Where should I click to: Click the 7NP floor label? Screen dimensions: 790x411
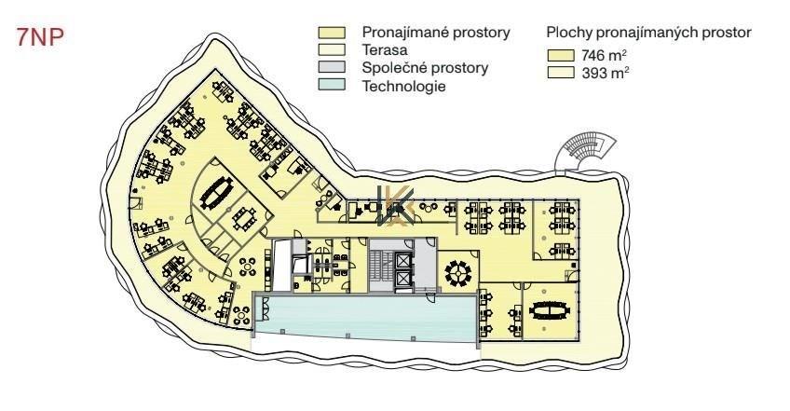pos(40,36)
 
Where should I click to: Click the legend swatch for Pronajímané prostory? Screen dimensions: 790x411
pos(332,33)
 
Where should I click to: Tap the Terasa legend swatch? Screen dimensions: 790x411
pos(332,49)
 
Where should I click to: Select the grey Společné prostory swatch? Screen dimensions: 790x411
pos(332,67)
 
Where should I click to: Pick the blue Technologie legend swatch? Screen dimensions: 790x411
pos(332,84)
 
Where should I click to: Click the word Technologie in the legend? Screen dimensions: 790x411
pos(404,87)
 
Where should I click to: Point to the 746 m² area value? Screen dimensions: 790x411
pos(604,55)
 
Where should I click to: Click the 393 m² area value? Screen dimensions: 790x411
pos(605,73)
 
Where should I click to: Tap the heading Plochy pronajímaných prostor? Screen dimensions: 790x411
pos(649,33)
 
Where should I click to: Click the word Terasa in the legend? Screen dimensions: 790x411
pos(385,50)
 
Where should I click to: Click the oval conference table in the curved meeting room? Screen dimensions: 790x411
pos(217,193)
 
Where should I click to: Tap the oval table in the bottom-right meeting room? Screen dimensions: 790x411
pos(549,310)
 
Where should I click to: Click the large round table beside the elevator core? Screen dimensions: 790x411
pos(458,273)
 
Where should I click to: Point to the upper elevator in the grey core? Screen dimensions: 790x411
pos(404,261)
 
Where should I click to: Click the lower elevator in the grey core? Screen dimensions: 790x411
pos(404,279)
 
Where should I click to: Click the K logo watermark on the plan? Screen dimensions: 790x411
pos(396,206)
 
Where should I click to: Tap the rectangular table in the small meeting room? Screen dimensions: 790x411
pos(245,218)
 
